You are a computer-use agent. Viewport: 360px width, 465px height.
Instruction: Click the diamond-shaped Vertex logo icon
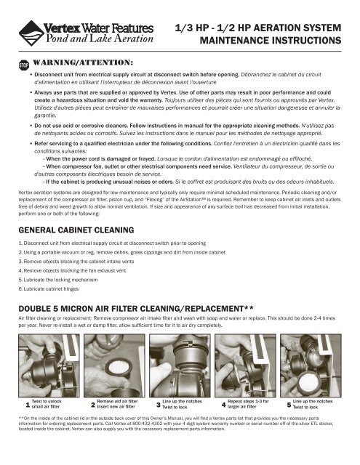[x=31, y=33]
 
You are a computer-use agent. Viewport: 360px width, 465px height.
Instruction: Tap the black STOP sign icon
[x=24, y=65]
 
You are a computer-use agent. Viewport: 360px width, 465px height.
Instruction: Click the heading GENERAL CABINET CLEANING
[x=76, y=230]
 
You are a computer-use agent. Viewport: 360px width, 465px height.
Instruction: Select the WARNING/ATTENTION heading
[x=83, y=62]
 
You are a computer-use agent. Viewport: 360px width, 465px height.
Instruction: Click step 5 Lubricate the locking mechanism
[x=58, y=280]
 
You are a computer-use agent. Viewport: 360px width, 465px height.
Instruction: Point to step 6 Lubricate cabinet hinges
[x=49, y=289]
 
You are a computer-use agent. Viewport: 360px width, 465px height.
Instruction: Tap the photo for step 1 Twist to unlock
[x=49, y=365]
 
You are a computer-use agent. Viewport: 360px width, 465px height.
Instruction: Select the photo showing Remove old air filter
[x=114, y=365]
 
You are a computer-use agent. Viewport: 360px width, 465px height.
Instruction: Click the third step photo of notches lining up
[x=180, y=365]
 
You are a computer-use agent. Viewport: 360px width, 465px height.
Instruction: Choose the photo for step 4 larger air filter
[x=245, y=365]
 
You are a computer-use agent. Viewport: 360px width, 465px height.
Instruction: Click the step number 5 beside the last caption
[x=289, y=405]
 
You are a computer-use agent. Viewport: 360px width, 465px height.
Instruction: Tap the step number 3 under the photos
[x=159, y=405]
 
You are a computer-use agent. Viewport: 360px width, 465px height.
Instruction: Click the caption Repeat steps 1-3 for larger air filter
[x=248, y=404]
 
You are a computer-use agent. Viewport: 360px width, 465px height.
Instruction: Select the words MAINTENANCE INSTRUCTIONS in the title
[x=271, y=41]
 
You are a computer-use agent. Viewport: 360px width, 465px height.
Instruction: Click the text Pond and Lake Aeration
[x=100, y=39]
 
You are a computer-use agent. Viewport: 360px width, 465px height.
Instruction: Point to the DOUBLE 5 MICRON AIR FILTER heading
[x=136, y=309]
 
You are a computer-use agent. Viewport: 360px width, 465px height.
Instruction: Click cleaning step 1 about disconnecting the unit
[x=112, y=243]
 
